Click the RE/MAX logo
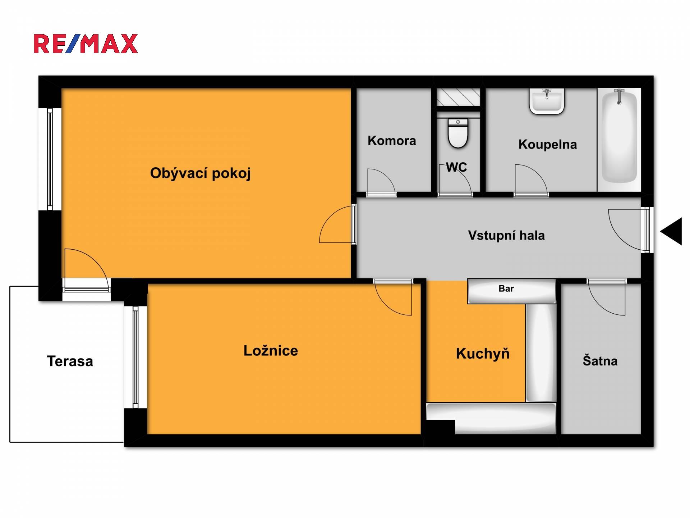point(86,44)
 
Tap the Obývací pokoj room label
point(200,173)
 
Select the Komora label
point(392,141)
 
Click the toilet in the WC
point(458,133)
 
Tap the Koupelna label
point(548,145)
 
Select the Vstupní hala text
point(506,236)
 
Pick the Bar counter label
point(506,288)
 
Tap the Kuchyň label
point(483,354)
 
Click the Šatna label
point(600,361)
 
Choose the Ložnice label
point(271,351)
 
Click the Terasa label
point(70,361)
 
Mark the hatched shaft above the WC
point(458,97)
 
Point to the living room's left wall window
point(50,159)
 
